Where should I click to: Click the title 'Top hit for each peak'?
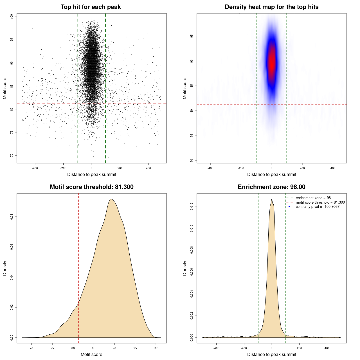[x=91, y=7]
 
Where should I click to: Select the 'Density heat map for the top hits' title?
[x=271, y=7]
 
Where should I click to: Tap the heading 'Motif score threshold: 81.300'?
[x=91, y=187]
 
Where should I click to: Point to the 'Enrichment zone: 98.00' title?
[x=271, y=187]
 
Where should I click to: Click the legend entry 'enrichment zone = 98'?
[x=313, y=198]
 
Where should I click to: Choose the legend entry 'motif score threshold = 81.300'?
[x=320, y=202]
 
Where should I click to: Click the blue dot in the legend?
[x=289, y=207]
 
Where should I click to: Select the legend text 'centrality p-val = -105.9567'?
[x=318, y=207]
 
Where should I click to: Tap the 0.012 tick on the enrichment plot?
[x=192, y=206]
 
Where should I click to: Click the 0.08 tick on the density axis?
[x=12, y=217]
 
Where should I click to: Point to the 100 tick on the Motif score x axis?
[x=156, y=348]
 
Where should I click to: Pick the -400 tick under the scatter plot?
[x=35, y=168]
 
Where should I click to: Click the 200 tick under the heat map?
[x=302, y=168]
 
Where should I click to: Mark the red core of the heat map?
[x=272, y=62]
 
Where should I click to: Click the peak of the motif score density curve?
[x=111, y=199]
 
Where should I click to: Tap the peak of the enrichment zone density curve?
[x=272, y=199]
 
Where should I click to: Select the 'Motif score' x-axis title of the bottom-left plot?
[x=91, y=354]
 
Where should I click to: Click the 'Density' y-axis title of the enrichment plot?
[x=185, y=268]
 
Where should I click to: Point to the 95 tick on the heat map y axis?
[x=192, y=36]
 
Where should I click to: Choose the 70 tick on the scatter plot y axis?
[x=12, y=155]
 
